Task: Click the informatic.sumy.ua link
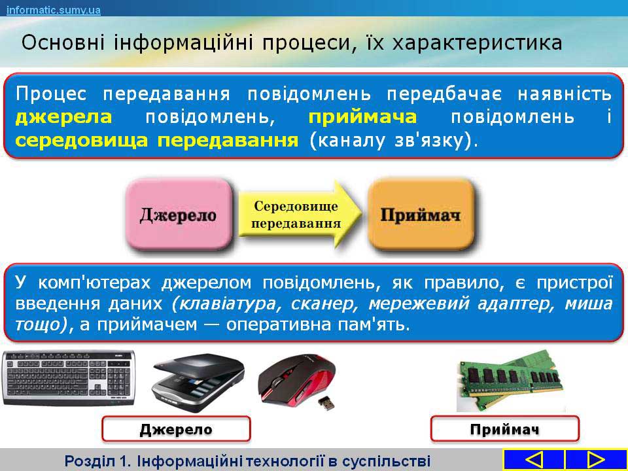click(53, 10)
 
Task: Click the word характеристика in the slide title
click(477, 43)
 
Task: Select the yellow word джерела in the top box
click(63, 117)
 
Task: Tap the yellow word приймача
click(362, 117)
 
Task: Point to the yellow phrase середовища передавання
click(156, 140)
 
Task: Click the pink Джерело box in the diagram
click(179, 215)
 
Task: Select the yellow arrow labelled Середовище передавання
click(300, 215)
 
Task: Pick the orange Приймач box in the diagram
click(421, 215)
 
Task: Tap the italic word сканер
click(326, 304)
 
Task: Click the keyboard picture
click(68, 378)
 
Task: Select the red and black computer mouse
click(296, 377)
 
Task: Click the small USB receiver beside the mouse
click(326, 403)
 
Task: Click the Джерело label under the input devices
click(176, 429)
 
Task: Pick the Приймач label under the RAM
click(504, 429)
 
